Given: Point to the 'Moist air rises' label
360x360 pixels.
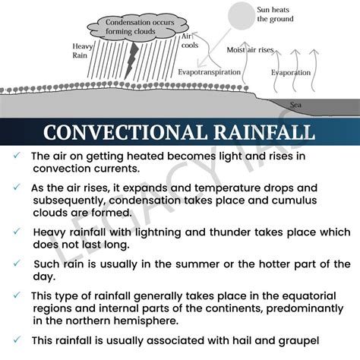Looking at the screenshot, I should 251,50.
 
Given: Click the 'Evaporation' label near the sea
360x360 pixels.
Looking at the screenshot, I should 292,72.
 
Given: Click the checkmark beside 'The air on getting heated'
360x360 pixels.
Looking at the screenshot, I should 16,156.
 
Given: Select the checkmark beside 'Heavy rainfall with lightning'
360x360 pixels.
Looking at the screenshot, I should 16,230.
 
